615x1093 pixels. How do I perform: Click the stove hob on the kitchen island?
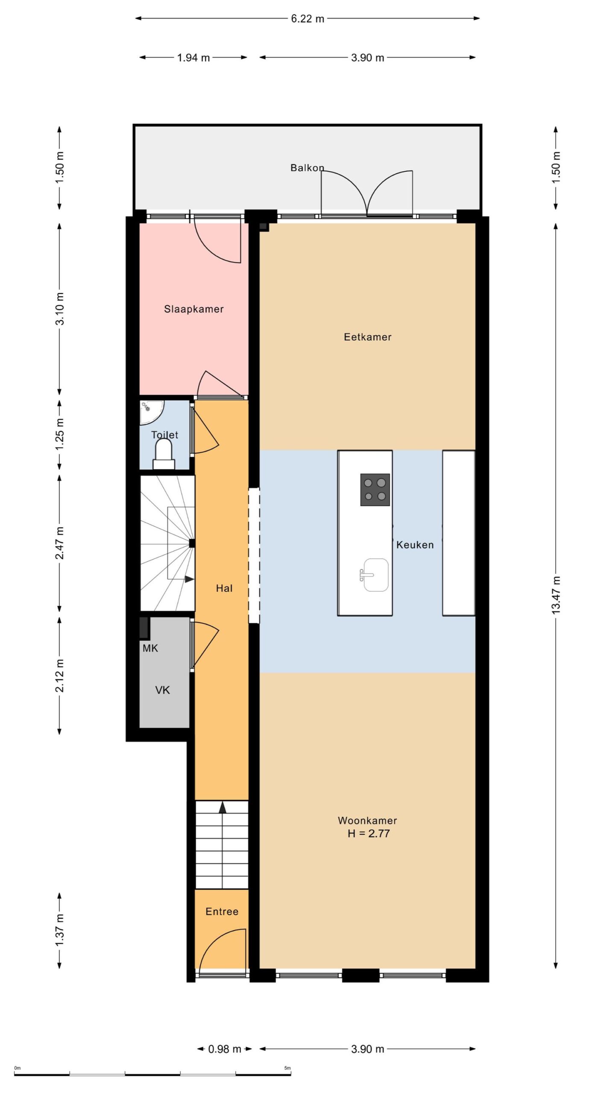click(375, 489)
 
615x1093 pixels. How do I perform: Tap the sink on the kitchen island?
click(375, 575)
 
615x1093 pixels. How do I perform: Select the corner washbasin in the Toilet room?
click(151, 412)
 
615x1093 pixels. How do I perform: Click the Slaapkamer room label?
click(194, 309)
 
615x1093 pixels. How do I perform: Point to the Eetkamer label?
click(368, 337)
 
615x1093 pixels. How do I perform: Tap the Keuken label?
click(415, 545)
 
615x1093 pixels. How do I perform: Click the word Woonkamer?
click(367, 821)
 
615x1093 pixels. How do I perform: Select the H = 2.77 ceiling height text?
click(369, 833)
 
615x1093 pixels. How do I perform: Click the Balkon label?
click(307, 168)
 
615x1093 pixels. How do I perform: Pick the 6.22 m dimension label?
click(307, 19)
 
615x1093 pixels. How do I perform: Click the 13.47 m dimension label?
click(556, 595)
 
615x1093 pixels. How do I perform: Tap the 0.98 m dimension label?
click(225, 1049)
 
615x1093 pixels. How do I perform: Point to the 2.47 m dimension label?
click(60, 543)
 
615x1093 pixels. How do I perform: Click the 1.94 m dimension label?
click(193, 58)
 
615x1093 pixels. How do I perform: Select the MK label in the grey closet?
click(150, 649)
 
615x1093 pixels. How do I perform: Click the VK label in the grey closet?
click(163, 690)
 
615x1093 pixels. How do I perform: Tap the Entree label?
click(222, 912)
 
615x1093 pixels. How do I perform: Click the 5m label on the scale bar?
click(287, 1068)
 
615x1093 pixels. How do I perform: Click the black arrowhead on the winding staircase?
click(189, 579)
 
